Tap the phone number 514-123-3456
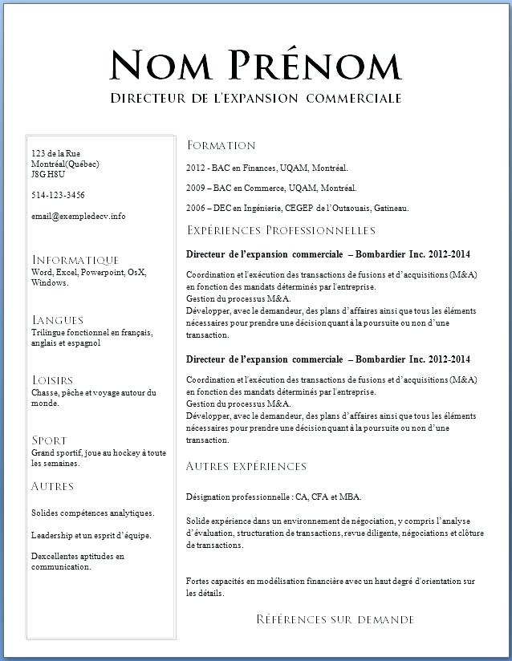pos(58,195)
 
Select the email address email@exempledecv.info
pos(79,216)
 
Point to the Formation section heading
pos(221,145)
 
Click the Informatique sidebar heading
pos(75,260)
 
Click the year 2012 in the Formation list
pos(196,168)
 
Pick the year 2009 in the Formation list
pos(196,189)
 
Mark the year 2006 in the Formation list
pos(196,209)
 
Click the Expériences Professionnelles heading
pos(281,231)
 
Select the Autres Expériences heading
pos(246,466)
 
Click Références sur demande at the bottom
pos(335,619)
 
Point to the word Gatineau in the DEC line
pos(391,209)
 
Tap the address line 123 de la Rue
pos(55,153)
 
